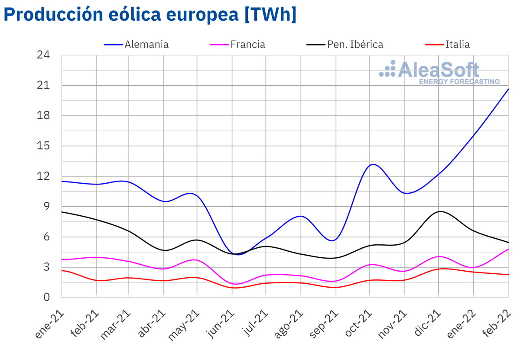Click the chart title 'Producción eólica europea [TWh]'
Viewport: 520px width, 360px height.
pyautogui.click(x=150, y=15)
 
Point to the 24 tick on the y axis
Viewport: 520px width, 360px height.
pyautogui.click(x=44, y=55)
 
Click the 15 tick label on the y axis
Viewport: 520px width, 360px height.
pyautogui.click(x=44, y=146)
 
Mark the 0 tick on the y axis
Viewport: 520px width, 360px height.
pyautogui.click(x=47, y=298)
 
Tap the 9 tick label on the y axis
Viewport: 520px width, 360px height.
pyautogui.click(x=47, y=207)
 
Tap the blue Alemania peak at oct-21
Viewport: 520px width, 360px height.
pyautogui.click(x=373, y=164)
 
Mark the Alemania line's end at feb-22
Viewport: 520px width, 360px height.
pyautogui.click(x=508, y=89)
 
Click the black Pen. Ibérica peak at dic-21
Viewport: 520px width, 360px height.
pyautogui.click(x=440, y=211)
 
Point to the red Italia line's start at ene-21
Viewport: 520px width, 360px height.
pyautogui.click(x=62, y=271)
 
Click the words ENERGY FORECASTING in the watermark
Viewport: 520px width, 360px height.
pyautogui.click(x=459, y=81)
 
